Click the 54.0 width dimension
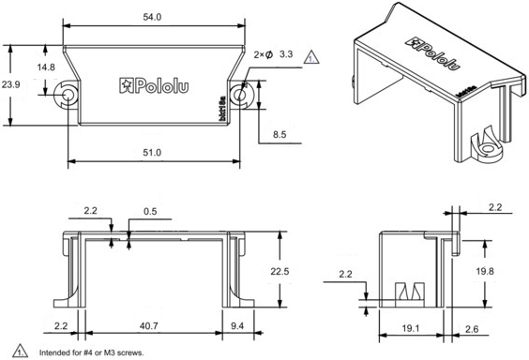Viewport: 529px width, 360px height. point(150,18)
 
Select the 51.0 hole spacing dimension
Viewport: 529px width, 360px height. point(152,152)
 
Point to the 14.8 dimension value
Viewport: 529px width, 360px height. point(45,67)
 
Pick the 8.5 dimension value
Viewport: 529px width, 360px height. point(280,134)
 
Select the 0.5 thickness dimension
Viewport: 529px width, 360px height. point(151,210)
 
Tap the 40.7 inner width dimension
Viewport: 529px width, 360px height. point(149,325)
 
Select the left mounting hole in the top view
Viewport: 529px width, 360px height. point(68,96)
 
